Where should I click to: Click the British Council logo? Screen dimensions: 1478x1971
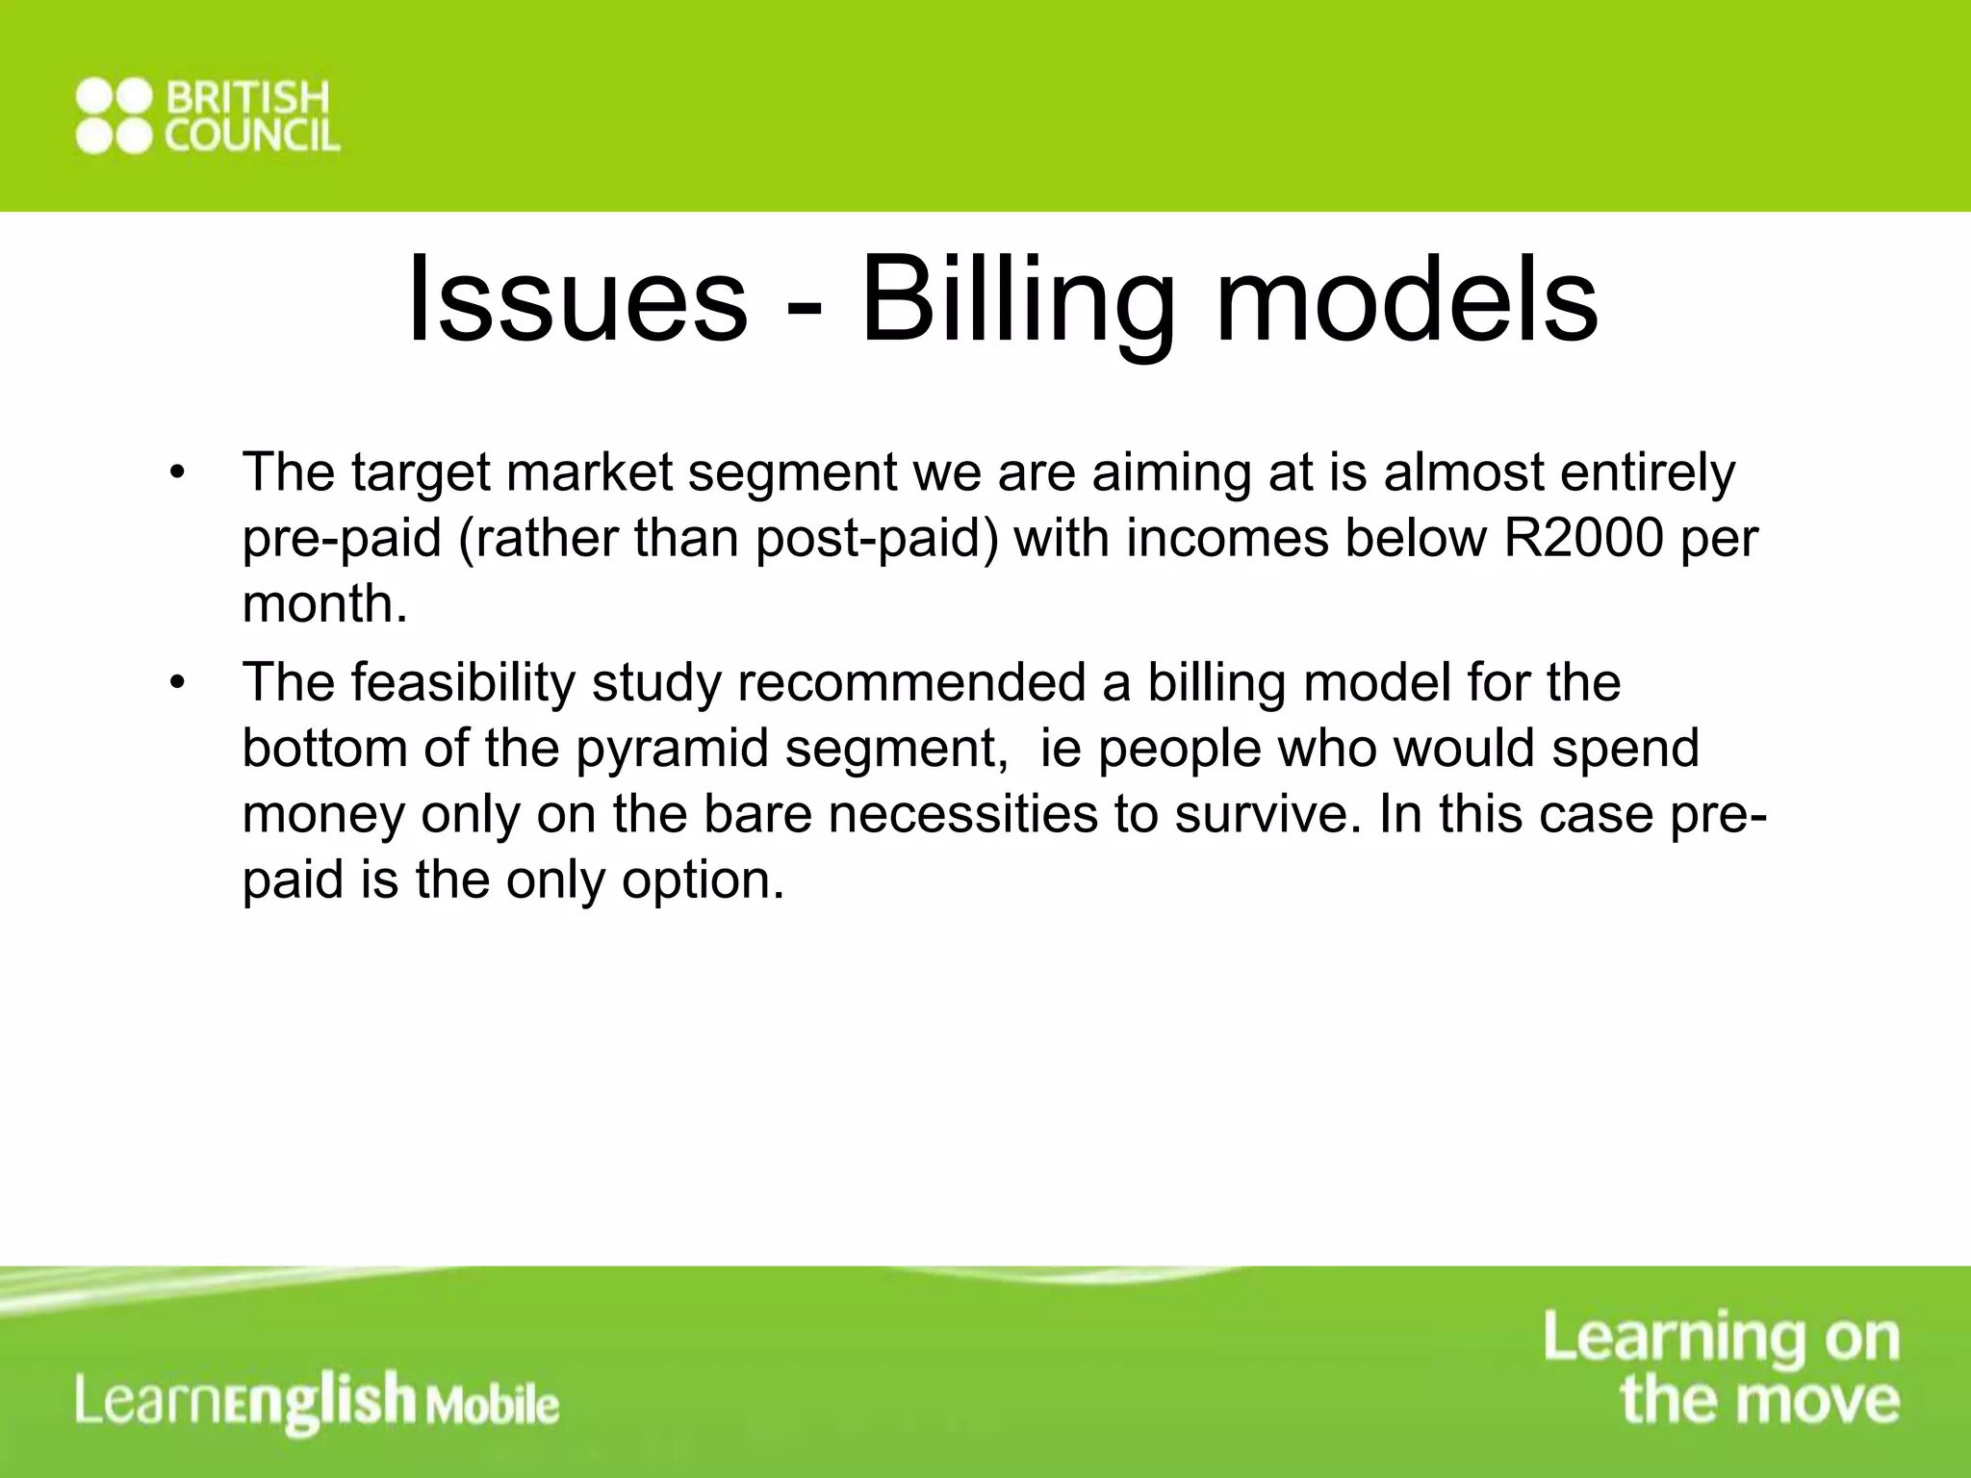pyautogui.click(x=208, y=116)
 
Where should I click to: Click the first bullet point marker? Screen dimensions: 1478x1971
pyautogui.click(x=175, y=474)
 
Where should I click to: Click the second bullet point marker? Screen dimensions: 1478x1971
pyautogui.click(x=175, y=684)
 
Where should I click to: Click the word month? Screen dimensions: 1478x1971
pyautogui.click(x=323, y=603)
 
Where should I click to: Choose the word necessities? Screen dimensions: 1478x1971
pyautogui.click(x=962, y=814)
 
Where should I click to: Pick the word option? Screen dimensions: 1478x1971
pyautogui.click(x=701, y=880)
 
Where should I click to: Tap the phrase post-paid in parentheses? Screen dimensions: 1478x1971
pyautogui.click(x=877, y=539)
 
